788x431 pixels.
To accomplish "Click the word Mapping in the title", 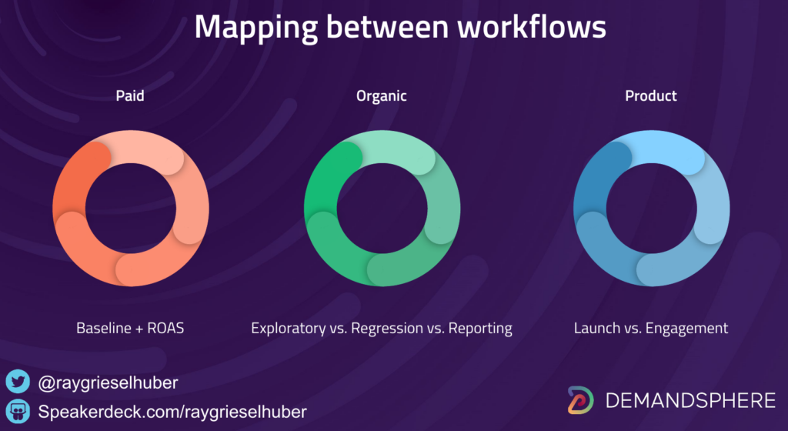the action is pos(255,28).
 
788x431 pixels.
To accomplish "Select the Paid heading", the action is pos(130,95).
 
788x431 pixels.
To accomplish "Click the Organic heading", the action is pos(382,96).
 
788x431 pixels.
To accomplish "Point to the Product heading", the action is pos(651,95).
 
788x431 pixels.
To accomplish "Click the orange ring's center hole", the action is pos(131,208).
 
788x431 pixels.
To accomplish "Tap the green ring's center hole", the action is pos(382,208).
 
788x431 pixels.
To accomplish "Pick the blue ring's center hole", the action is pos(651,208).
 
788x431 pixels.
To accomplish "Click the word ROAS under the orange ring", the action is pos(166,328).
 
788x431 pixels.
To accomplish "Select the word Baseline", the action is pos(104,328).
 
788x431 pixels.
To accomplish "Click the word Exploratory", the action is pos(289,329).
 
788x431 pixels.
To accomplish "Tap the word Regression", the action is pos(387,329).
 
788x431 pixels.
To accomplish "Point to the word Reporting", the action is pos(480,329).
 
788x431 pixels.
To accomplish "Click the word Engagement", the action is pos(687,329).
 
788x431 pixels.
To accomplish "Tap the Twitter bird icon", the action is pos(18,382).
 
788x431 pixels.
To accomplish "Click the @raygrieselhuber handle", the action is pos(108,383).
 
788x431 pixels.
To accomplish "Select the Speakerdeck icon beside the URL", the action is pos(18,412).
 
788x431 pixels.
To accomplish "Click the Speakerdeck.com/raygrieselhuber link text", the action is pos(172,412).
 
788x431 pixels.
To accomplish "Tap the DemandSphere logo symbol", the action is pos(581,400).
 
